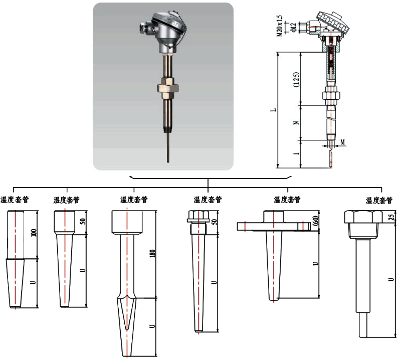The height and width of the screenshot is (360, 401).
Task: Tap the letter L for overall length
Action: click(x=271, y=109)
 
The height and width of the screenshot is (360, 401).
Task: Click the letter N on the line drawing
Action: click(x=296, y=122)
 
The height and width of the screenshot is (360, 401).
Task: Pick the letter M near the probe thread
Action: click(x=342, y=142)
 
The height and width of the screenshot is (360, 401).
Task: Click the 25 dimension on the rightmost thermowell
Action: click(x=390, y=216)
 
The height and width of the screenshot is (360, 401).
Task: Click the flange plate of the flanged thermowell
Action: click(x=271, y=227)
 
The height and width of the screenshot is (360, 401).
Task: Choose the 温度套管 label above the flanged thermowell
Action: click(x=287, y=200)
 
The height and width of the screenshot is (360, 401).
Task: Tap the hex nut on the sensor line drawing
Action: click(x=331, y=94)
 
